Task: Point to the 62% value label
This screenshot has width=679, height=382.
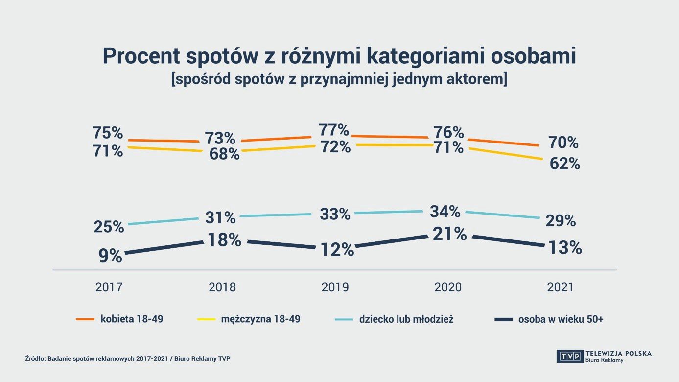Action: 564,164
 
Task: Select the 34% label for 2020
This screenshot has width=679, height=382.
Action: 445,212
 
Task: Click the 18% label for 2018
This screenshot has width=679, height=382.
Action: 224,240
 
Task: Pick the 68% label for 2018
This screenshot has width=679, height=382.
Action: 224,154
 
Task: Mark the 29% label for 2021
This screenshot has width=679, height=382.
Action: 561,221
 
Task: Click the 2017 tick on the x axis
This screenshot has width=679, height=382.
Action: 109,287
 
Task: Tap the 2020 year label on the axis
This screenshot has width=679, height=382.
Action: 448,287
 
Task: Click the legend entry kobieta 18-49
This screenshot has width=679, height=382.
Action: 132,319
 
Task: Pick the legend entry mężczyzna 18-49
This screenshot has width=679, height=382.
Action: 260,319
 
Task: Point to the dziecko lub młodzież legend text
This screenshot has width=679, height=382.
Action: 406,319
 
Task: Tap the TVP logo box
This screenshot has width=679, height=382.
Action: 569,356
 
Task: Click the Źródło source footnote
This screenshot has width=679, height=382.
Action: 127,358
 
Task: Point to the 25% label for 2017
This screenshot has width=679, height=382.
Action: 109,227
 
